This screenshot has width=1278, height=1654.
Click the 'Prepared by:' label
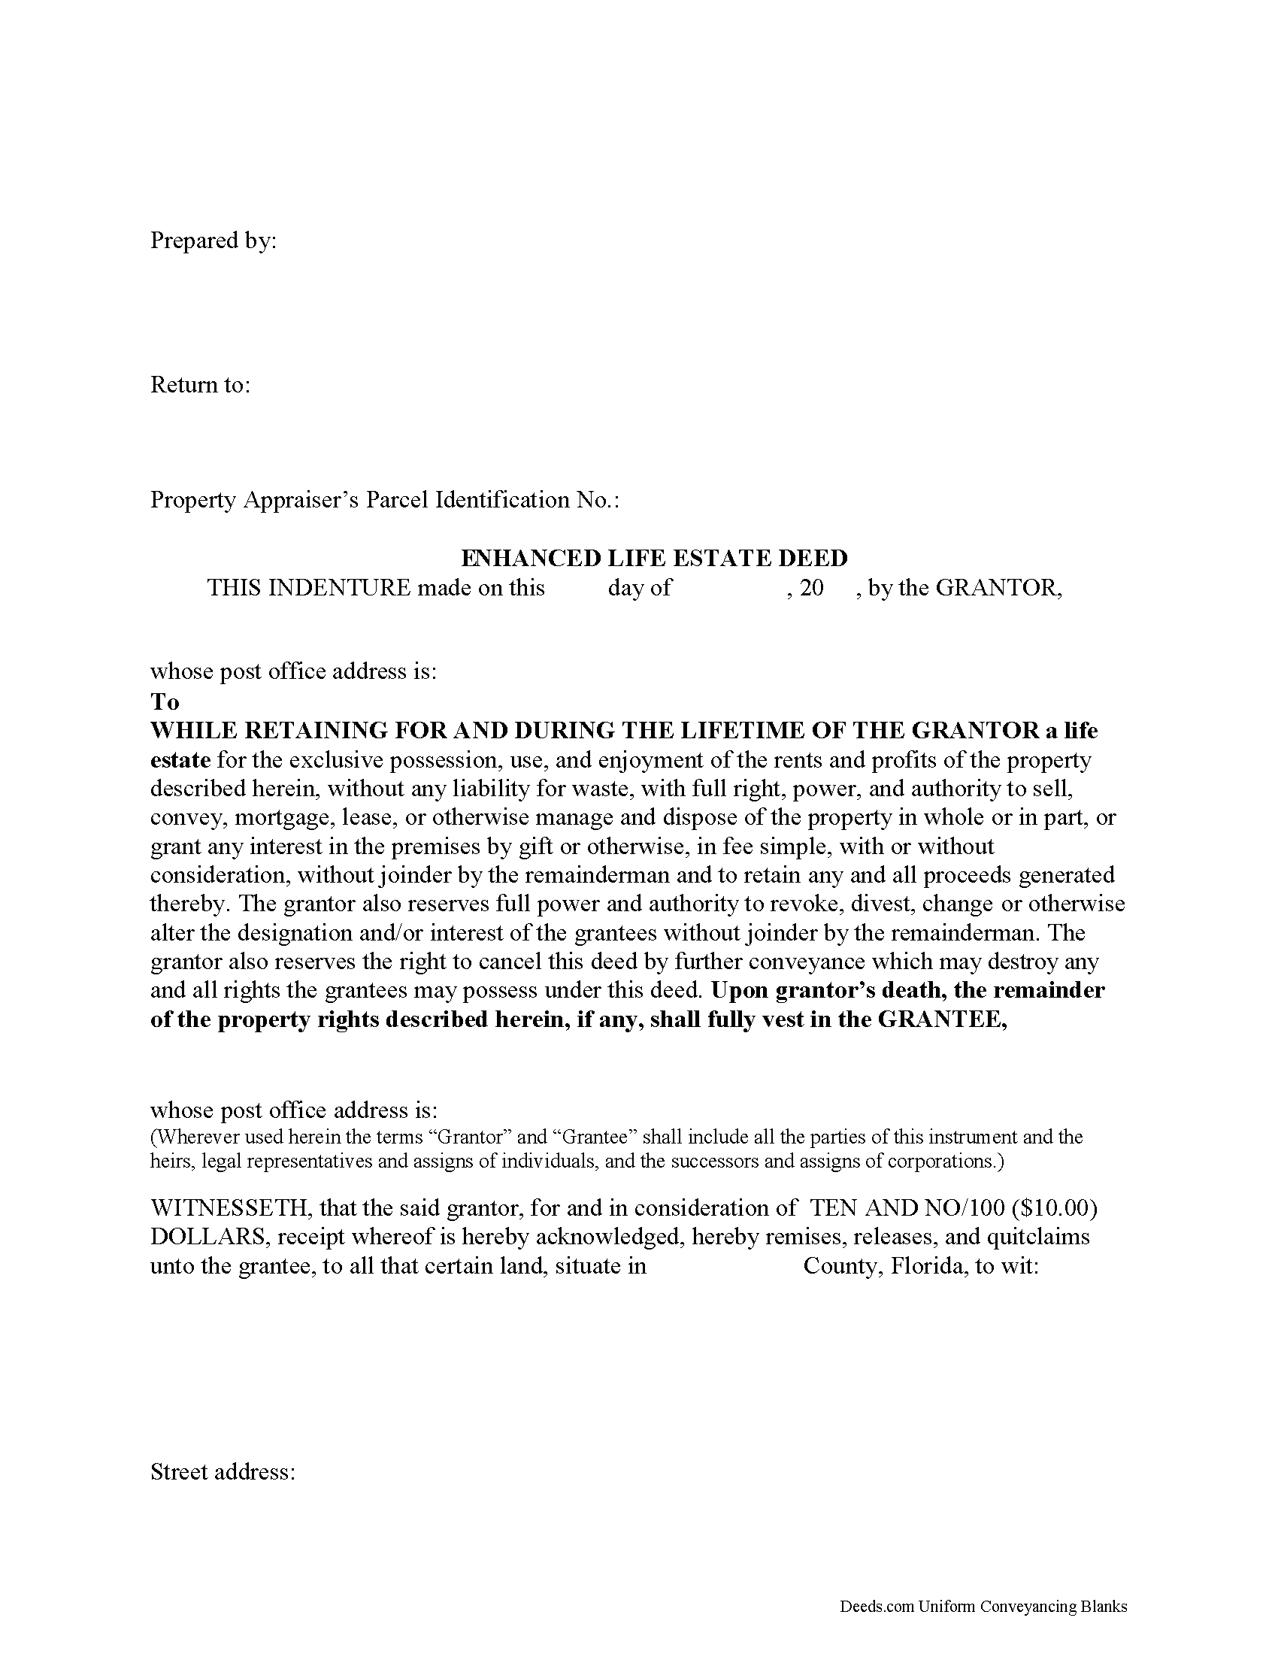(214, 241)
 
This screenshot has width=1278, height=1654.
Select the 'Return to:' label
(200, 385)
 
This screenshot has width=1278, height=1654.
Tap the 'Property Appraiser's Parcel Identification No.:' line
(385, 500)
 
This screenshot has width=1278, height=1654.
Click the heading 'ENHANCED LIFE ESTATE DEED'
(654, 558)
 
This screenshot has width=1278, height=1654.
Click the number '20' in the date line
(811, 588)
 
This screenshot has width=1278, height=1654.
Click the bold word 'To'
(165, 701)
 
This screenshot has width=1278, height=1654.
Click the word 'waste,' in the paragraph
(604, 789)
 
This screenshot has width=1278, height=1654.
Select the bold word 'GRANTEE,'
(942, 1019)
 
